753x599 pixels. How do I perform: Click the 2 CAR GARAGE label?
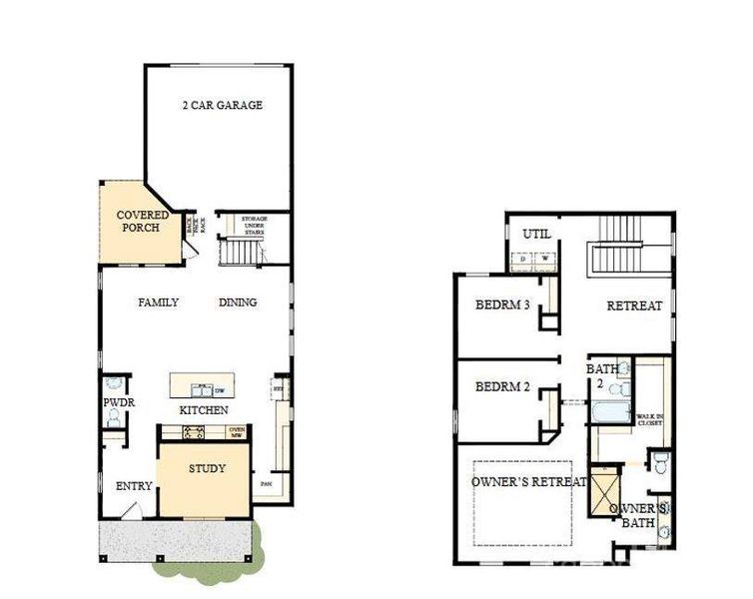tap(222, 105)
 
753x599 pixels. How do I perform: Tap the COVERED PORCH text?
tap(143, 221)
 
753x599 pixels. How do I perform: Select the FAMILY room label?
tap(158, 302)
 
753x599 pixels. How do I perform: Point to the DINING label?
tap(238, 302)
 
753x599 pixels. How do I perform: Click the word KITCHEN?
tap(204, 410)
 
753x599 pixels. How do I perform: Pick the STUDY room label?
tap(207, 468)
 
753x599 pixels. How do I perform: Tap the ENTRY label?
tap(134, 486)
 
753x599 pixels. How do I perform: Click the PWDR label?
tap(118, 403)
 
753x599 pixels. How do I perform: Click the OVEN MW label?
tap(238, 432)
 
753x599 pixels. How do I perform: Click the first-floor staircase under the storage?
tap(239, 251)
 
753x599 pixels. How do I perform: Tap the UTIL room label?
tap(535, 234)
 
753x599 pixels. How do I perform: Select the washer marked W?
tap(544, 260)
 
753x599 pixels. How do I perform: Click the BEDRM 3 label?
tap(501, 304)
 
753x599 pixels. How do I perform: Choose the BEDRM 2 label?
tap(501, 386)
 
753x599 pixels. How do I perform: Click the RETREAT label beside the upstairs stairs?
tap(634, 306)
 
